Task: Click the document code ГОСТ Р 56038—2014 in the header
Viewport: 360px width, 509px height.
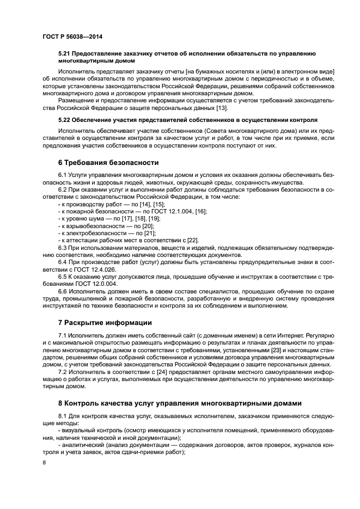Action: (x=72, y=36)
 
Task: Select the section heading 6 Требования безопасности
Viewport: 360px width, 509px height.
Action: (x=108, y=162)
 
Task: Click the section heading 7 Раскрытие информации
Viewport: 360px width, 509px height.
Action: (x=105, y=322)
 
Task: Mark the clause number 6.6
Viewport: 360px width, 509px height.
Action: (x=64, y=291)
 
